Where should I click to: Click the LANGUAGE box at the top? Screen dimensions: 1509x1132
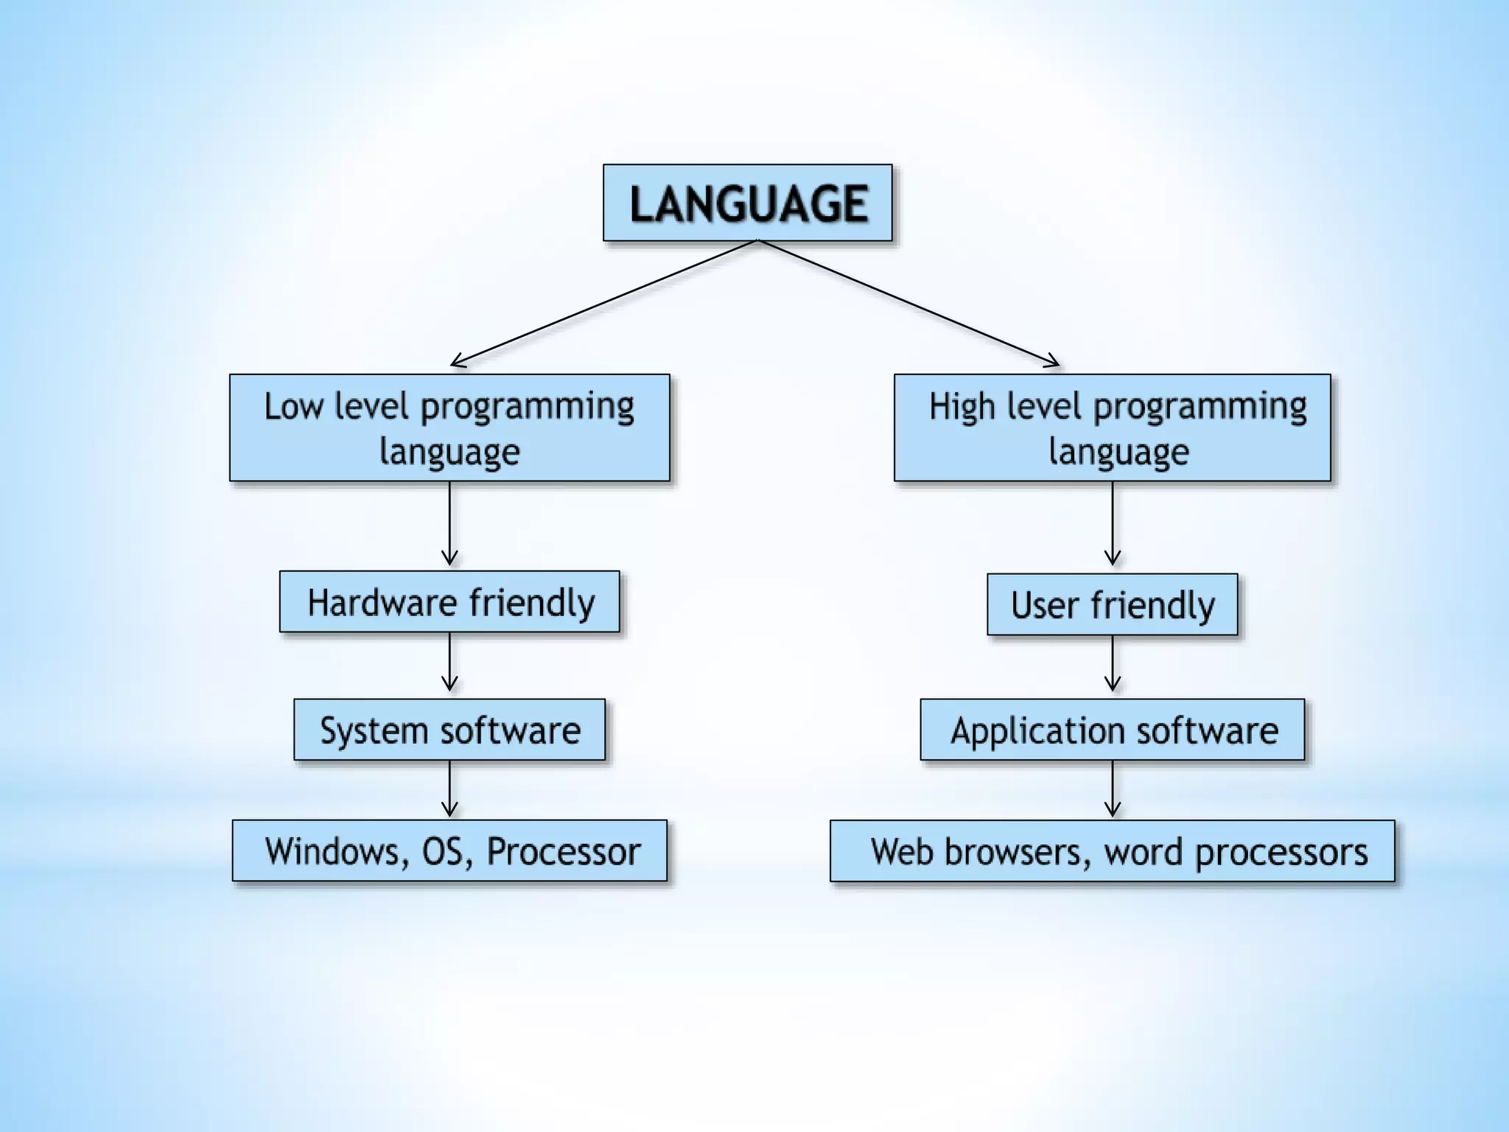coord(747,203)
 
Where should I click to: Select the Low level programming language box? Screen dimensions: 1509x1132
coord(449,427)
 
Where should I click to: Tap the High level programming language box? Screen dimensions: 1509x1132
coord(1112,427)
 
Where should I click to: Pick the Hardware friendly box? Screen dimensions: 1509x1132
coord(449,601)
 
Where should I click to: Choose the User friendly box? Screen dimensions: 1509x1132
coord(1112,604)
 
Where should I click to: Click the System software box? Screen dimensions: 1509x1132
coord(449,730)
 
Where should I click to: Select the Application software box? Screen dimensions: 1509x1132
coord(1112,730)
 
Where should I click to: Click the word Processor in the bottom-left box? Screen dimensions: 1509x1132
coord(564,851)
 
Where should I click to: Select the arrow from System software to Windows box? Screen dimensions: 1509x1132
coord(449,789)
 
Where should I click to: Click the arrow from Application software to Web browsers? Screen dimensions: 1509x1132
coord(1113,789)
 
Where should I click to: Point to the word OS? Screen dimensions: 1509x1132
coord(443,851)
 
